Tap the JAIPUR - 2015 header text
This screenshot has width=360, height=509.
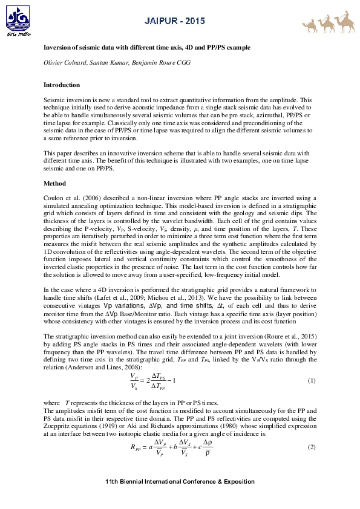pos(174,22)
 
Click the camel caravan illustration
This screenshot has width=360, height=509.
pos(327,22)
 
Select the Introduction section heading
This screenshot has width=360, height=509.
pos(62,85)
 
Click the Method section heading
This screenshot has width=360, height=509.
pos(55,183)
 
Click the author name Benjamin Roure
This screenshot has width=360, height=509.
pos(134,63)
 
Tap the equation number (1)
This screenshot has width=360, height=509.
pos(312,381)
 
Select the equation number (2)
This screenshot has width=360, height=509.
pos(312,447)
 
